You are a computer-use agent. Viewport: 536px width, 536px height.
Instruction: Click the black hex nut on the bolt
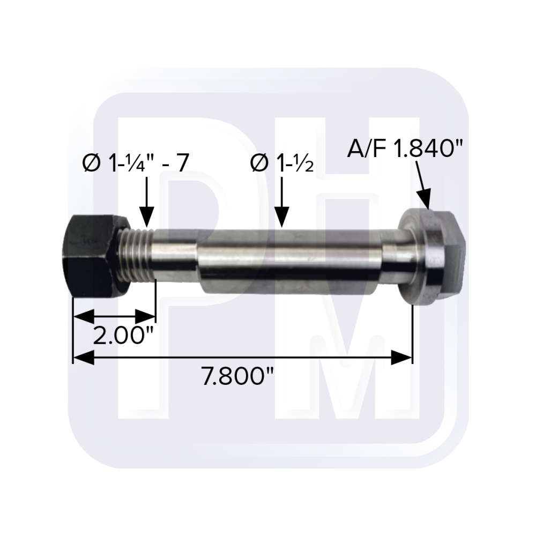[x=95, y=256]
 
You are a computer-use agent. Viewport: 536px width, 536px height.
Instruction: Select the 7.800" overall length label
[x=239, y=375]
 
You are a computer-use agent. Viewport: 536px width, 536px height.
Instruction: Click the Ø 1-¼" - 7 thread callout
[x=136, y=163]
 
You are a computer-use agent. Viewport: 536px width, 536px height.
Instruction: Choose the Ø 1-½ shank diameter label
[x=282, y=163]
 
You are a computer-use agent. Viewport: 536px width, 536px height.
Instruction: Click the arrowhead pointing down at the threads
[x=147, y=218]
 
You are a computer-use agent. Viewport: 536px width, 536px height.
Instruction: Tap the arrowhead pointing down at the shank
[x=282, y=218]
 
